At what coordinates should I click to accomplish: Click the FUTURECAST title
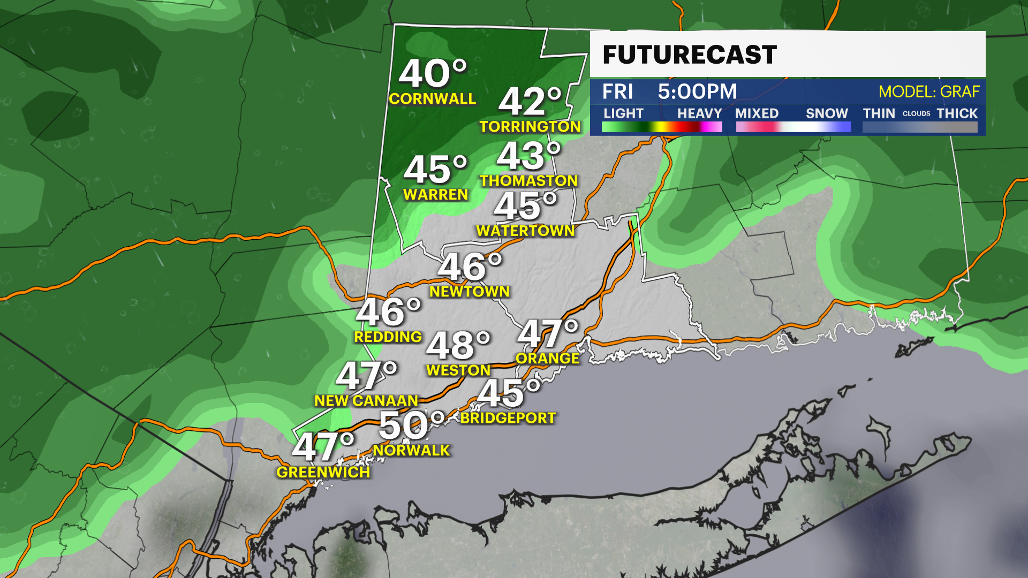[690, 55]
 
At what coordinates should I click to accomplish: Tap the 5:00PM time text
[697, 92]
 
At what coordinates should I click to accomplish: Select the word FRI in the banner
[617, 92]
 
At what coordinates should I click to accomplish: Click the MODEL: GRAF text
[929, 92]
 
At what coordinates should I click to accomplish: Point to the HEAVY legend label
[699, 113]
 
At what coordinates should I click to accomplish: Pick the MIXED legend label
[757, 113]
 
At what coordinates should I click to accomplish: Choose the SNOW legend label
[827, 113]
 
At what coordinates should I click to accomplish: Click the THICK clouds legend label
[957, 113]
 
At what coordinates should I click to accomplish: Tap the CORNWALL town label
[433, 99]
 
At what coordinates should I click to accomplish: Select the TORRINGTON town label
[530, 127]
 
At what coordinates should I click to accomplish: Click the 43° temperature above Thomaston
[528, 156]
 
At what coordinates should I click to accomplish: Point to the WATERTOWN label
[525, 231]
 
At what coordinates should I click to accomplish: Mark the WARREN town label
[436, 195]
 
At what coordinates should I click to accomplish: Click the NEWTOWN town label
[470, 292]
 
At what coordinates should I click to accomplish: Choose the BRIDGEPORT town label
[508, 418]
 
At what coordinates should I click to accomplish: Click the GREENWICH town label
[323, 472]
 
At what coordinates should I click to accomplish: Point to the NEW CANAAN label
[366, 401]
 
